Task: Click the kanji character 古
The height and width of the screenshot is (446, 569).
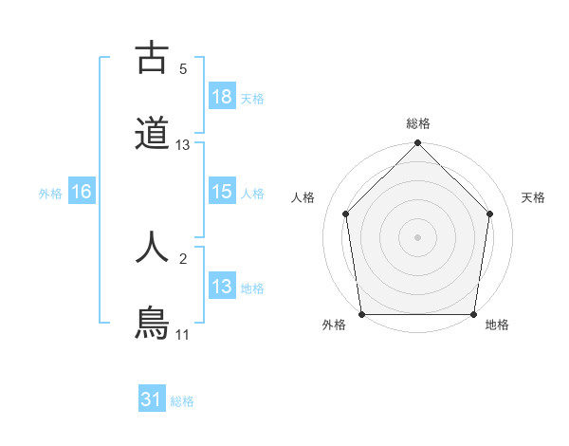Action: click(x=152, y=59)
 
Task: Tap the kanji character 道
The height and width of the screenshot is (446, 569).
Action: click(x=152, y=133)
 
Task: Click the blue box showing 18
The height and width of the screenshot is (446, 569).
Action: click(x=222, y=97)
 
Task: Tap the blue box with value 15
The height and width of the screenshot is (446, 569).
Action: click(x=222, y=192)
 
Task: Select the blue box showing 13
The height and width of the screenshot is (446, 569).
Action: click(x=222, y=287)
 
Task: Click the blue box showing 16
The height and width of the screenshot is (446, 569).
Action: click(x=82, y=192)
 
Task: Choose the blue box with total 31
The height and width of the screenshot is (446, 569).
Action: click(x=152, y=400)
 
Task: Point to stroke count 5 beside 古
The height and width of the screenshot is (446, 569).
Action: click(x=183, y=69)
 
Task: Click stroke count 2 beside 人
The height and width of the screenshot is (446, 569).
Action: click(x=183, y=257)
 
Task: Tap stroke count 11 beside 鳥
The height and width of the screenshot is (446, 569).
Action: click(x=183, y=334)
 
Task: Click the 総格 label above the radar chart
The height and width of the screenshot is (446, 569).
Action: click(x=418, y=123)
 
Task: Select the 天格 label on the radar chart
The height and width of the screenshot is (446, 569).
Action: click(x=533, y=197)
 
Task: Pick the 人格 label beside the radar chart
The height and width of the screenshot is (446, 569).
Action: click(x=303, y=197)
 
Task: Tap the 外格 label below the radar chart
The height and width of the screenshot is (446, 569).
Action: click(x=333, y=325)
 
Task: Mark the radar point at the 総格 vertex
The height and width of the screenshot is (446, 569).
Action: click(x=417, y=144)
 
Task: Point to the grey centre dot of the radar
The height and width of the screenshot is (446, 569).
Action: click(x=417, y=236)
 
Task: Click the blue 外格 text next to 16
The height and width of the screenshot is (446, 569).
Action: click(x=50, y=193)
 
